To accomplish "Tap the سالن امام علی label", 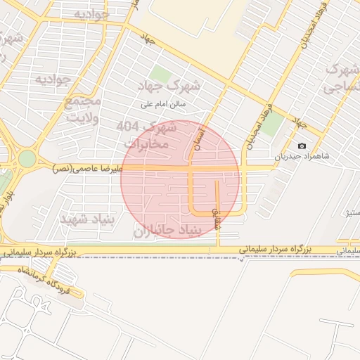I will [162, 103].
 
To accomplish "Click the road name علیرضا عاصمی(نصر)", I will [86, 169].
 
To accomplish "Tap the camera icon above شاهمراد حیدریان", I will [302, 146].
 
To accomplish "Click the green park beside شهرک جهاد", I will [160, 74].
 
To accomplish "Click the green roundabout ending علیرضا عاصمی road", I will [26, 158].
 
